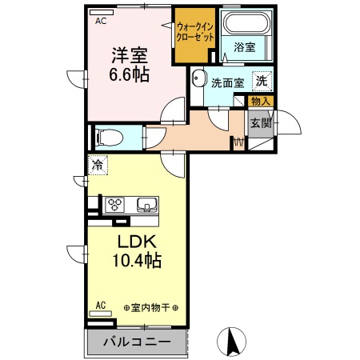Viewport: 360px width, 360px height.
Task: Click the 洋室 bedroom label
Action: pos(128,56)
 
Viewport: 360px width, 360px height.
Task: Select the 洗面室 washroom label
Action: pos(227,81)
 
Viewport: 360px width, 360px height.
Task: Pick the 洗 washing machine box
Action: pos(262,80)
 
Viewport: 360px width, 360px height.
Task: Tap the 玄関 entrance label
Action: pos(261,122)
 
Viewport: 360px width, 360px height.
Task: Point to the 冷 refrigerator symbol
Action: pos(97,166)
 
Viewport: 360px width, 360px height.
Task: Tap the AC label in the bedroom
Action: pos(101,22)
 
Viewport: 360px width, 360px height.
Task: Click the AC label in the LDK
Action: pos(101,304)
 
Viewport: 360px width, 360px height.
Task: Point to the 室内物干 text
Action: pos(151,308)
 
